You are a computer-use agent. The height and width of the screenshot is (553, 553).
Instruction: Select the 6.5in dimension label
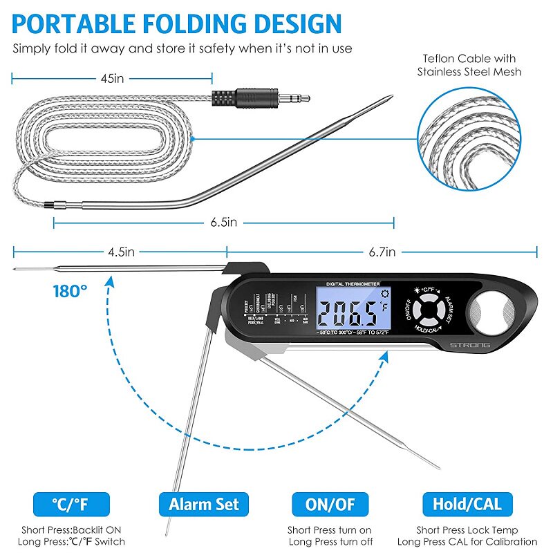click(x=224, y=223)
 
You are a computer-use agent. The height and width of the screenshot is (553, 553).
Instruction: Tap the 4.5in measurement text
click(x=120, y=252)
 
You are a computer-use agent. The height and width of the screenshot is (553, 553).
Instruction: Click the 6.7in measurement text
click(x=382, y=252)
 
